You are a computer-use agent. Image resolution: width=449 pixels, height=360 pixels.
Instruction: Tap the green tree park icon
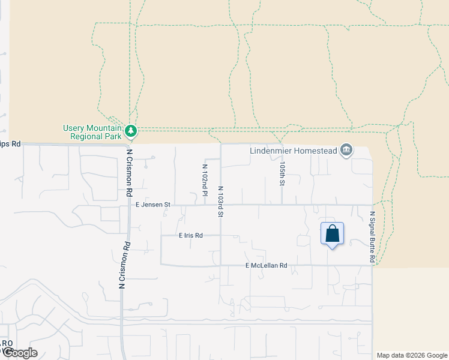130,130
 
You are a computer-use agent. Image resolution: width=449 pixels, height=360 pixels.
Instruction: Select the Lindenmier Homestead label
293,150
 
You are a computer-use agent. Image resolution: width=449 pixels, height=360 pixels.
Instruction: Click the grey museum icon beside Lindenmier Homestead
346,149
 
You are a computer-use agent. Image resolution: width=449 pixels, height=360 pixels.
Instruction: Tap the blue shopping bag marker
332,234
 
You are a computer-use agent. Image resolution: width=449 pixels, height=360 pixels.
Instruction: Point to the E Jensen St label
153,205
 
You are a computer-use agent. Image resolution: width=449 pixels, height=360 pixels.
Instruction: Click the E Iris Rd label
191,236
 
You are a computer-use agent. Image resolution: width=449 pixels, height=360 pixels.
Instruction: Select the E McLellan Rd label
267,265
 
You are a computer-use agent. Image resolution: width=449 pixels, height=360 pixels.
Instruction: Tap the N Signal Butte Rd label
372,237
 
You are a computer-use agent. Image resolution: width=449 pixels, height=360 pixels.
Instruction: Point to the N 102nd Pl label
205,180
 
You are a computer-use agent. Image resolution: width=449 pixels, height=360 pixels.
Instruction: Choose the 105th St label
282,172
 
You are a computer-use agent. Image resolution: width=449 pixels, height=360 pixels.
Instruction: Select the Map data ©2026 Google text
412,355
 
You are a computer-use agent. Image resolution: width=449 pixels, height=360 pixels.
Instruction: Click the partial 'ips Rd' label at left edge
10,144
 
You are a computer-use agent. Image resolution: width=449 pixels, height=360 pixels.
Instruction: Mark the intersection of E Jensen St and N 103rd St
221,205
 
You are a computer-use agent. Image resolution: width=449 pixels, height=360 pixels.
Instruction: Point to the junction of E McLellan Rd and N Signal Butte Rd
372,265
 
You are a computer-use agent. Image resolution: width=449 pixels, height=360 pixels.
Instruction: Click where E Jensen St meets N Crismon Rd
128,205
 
